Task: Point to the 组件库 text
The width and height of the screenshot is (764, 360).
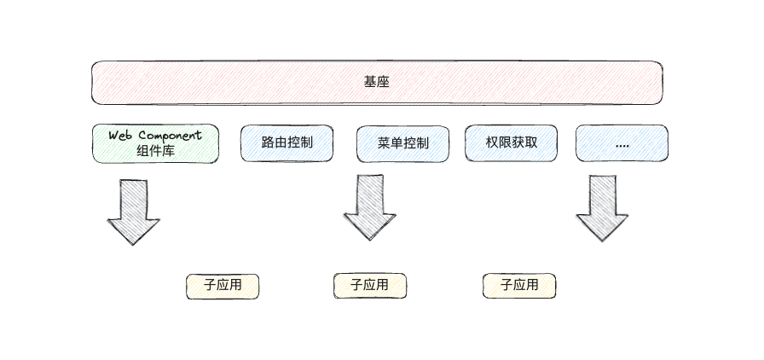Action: [x=155, y=151]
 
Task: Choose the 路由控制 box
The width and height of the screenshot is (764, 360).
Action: [x=287, y=142]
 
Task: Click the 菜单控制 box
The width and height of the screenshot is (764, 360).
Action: [x=402, y=143]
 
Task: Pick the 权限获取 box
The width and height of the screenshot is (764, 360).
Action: [x=512, y=142]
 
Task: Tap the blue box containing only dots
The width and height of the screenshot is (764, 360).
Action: [x=622, y=143]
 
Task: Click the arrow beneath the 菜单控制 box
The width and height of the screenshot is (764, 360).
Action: [x=369, y=207]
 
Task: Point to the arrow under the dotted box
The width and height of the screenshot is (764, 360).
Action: [x=602, y=207]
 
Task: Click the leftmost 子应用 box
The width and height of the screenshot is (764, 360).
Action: [x=223, y=287]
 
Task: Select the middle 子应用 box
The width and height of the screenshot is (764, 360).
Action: [x=370, y=286]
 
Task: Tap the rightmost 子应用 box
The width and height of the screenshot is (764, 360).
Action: [x=519, y=286]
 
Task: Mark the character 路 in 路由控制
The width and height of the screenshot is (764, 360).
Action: [x=269, y=142]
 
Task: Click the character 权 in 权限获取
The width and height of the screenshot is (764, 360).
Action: [x=493, y=142]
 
